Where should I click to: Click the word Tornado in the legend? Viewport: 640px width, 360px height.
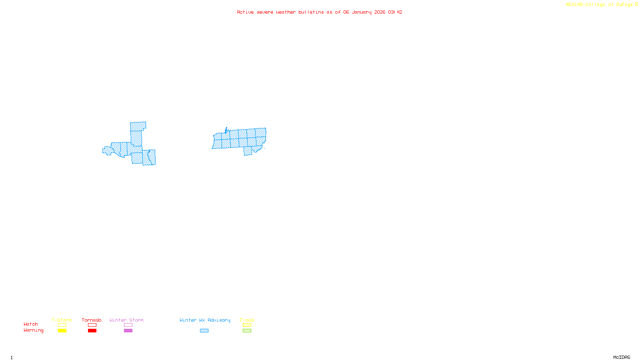(x=92, y=320)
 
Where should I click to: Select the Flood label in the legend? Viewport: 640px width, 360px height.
(x=247, y=320)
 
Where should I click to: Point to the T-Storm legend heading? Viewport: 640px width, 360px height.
(x=62, y=320)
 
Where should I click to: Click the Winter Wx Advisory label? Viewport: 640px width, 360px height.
(x=205, y=320)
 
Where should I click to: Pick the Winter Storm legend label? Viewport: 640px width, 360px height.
(x=126, y=320)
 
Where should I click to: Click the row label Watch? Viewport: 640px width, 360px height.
(x=31, y=324)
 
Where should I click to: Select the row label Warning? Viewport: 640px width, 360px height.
(x=34, y=330)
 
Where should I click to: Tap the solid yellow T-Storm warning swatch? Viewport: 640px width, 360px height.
(x=62, y=331)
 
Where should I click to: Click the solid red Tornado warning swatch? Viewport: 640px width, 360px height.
(x=92, y=331)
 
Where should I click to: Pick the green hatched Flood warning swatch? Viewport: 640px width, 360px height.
(x=247, y=331)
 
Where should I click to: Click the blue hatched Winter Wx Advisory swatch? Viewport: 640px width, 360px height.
(x=204, y=331)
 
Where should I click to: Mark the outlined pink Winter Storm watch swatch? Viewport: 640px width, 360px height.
(x=128, y=325)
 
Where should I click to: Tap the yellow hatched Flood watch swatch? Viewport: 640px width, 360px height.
(x=247, y=325)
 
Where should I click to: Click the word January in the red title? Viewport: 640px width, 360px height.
(x=362, y=12)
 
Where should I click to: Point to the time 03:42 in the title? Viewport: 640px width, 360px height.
(x=395, y=12)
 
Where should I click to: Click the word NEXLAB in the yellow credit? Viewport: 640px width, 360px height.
(x=574, y=4)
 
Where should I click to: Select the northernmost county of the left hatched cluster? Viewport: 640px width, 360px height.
(x=138, y=126)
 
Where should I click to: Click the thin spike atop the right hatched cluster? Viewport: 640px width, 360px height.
(x=226, y=130)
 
